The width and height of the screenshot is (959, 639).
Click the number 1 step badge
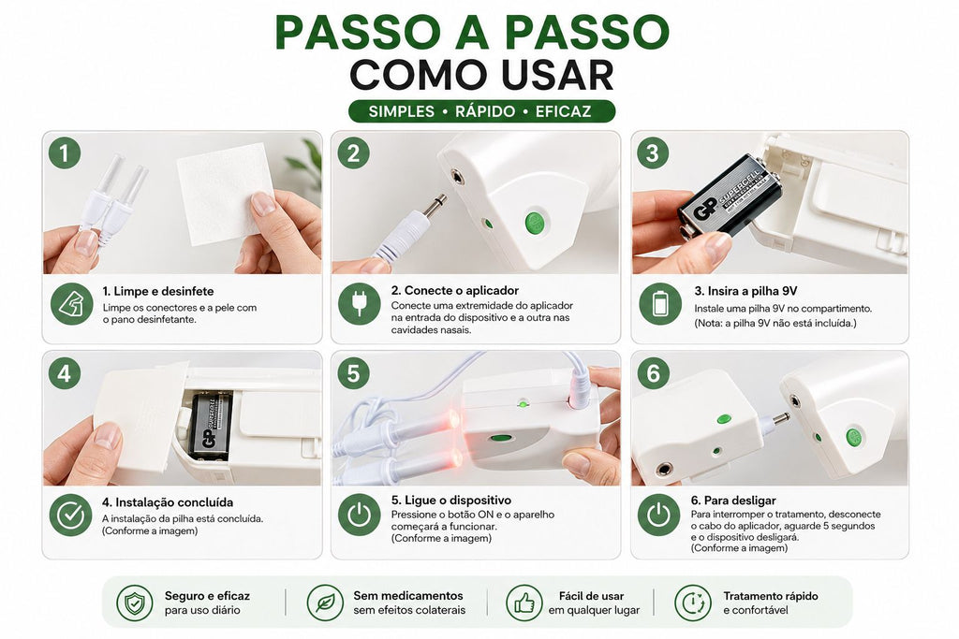65,152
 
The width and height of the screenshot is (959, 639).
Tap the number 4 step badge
65,372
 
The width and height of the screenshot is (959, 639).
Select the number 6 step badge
653,372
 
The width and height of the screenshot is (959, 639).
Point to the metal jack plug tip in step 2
438,202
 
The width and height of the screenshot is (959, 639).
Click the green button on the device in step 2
535,223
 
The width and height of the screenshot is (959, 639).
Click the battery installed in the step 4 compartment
210,425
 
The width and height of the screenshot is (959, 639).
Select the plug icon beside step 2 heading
359,304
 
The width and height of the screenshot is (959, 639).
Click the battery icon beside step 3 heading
660,304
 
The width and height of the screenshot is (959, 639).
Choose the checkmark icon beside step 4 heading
71,515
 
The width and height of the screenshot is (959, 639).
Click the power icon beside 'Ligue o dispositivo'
359,515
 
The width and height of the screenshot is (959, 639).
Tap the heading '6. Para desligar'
733,501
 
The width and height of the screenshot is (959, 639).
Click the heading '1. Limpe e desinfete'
157,291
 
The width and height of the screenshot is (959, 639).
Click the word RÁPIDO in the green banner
485,111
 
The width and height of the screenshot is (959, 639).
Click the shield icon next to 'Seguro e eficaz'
135,603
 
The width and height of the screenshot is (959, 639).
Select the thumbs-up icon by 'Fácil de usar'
524,603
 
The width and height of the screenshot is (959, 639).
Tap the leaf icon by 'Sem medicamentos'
325,603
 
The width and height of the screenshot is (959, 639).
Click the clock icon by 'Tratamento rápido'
693,603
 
